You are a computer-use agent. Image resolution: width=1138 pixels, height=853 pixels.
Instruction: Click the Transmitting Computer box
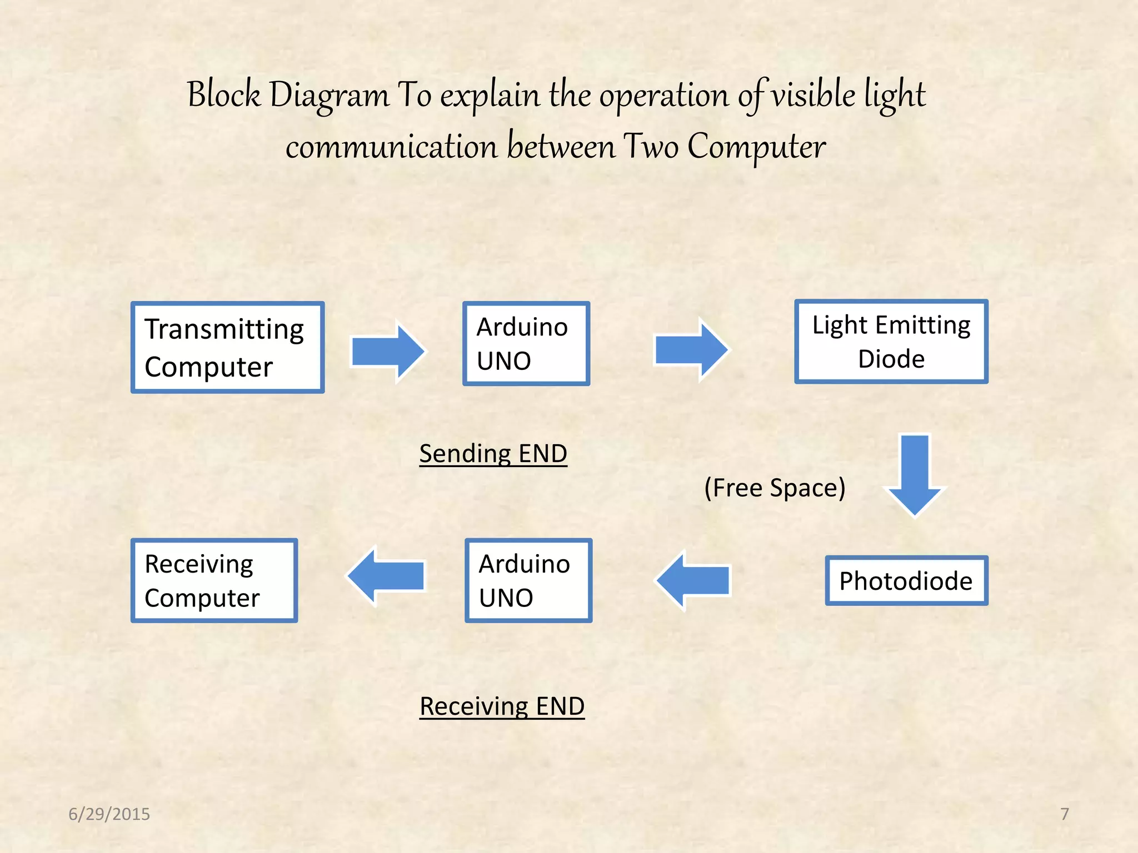click(227, 348)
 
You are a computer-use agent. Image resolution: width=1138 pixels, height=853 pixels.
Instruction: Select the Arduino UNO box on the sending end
click(526, 344)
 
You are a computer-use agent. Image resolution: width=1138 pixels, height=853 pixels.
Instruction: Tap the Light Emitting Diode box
click(891, 342)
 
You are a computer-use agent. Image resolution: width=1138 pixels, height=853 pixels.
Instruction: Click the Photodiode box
click(906, 581)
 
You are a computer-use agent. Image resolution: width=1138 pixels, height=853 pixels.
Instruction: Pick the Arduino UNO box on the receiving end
click(528, 580)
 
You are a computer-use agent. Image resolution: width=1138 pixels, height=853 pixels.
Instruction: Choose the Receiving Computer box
click(214, 580)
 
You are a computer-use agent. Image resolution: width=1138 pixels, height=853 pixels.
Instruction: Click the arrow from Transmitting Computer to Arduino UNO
click(388, 352)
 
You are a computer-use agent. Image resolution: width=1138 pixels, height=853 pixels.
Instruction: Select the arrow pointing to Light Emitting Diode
click(691, 350)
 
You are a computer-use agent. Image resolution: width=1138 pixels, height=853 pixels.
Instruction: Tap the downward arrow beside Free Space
click(915, 475)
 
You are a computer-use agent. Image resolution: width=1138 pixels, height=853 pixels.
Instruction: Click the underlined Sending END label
click(493, 454)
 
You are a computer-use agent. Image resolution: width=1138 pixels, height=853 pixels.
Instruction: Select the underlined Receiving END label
click(502, 706)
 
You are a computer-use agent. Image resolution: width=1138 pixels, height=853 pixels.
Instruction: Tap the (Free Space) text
click(775, 488)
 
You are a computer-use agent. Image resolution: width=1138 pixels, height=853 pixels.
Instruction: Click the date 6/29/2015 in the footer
click(109, 814)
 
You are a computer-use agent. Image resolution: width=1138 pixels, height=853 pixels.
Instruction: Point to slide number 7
click(1064, 814)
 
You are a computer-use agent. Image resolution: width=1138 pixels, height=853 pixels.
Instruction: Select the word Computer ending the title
click(756, 147)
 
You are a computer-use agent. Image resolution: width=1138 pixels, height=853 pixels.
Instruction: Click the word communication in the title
click(391, 147)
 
